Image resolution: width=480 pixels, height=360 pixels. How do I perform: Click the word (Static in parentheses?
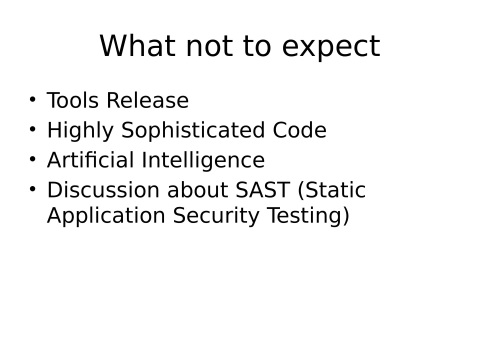(335, 190)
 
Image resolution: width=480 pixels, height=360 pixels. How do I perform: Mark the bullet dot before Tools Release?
(32, 99)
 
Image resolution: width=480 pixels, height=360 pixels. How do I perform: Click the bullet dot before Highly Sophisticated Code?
(32, 129)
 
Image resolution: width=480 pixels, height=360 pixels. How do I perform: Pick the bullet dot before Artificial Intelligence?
(32, 158)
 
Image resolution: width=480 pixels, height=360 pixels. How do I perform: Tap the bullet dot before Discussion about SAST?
(32, 188)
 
